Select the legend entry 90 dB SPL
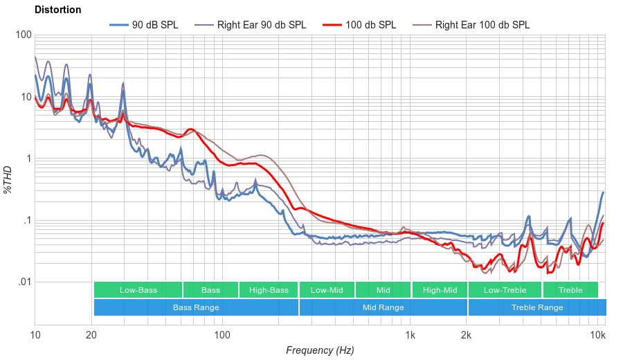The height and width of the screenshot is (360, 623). coord(154,25)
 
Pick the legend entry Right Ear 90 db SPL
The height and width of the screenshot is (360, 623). coord(261,25)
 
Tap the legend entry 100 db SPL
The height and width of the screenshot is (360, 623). coord(370,25)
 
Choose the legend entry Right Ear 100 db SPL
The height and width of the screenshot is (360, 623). coord(482,25)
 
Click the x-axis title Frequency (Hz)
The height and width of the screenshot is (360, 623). coord(319,350)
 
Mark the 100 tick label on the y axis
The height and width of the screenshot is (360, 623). coord(23,35)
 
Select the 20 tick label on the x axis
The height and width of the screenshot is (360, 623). coord(91,336)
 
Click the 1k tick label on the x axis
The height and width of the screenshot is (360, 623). coord(410,336)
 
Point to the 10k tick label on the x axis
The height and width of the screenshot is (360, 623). coord(597,336)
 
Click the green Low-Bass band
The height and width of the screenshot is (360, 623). coord(138,290)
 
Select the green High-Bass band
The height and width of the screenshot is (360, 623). coord(269,290)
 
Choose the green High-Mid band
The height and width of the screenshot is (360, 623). coord(440,290)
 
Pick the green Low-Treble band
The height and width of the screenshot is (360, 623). coord(505,290)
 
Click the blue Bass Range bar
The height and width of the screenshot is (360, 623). coord(196,307)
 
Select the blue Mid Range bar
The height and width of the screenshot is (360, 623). coord(383,307)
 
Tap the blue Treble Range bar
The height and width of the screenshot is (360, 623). coord(536,307)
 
